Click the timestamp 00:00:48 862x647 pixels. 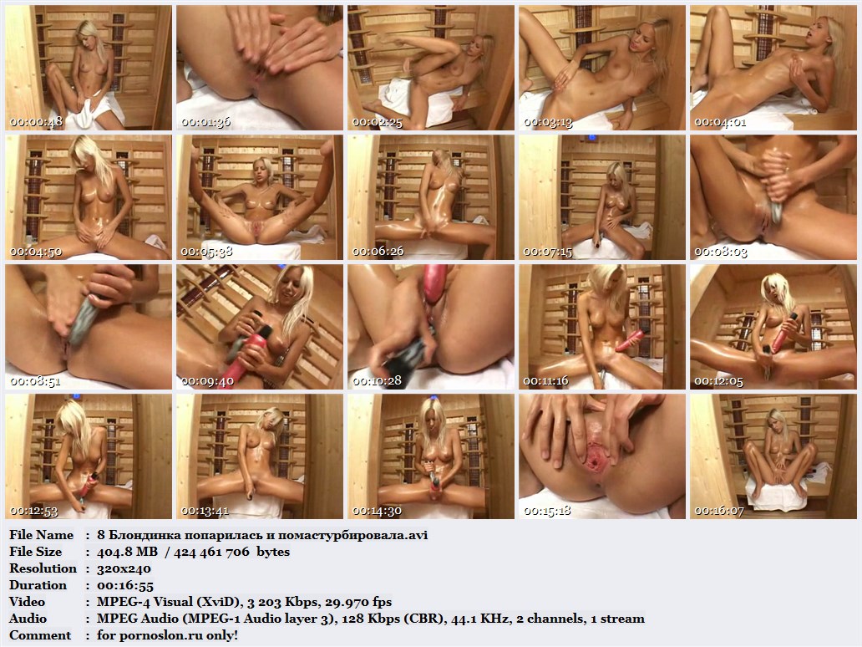tap(36, 122)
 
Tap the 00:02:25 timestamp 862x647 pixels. tap(378, 122)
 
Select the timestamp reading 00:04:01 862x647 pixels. tap(720, 122)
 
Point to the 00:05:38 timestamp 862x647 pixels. tap(206, 252)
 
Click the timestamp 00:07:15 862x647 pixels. tap(548, 252)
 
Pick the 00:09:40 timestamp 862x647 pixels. tap(207, 381)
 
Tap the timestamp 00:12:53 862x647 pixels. tap(34, 511)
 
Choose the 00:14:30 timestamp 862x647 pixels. tap(378, 511)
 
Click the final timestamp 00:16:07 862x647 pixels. tap(719, 511)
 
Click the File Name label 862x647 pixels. tap(41, 535)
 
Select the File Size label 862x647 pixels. tap(36, 551)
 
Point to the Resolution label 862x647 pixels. tap(43, 568)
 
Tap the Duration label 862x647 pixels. tap(38, 585)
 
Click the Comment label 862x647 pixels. tap(40, 635)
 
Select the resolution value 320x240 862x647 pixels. tap(124, 568)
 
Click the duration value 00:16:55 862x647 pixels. tap(125, 585)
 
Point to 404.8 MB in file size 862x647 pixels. tap(127, 551)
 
